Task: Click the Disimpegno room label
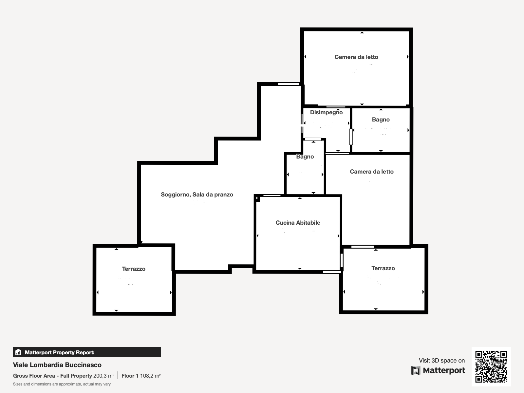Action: click(x=326, y=112)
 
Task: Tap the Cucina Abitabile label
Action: click(x=298, y=223)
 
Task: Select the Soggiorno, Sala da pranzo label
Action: click(x=197, y=195)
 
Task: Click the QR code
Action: click(x=491, y=367)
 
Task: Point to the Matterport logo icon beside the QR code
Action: click(x=416, y=370)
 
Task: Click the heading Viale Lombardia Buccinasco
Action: click(x=57, y=365)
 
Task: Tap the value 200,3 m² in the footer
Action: click(x=104, y=376)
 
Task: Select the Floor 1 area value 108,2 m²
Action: click(x=151, y=376)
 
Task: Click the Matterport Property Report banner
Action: click(x=87, y=352)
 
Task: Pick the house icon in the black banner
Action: click(x=18, y=352)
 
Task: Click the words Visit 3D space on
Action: click(x=442, y=361)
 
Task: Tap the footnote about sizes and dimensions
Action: click(x=62, y=384)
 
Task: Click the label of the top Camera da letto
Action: click(x=356, y=57)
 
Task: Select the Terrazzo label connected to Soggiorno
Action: click(x=134, y=269)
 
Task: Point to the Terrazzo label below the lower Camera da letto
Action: click(x=383, y=268)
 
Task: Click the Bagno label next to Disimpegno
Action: click(x=381, y=120)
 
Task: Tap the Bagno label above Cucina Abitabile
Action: click(x=305, y=157)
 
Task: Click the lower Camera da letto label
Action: click(x=372, y=172)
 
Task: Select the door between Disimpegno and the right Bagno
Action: click(x=351, y=137)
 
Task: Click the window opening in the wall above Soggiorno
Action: click(x=289, y=84)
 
